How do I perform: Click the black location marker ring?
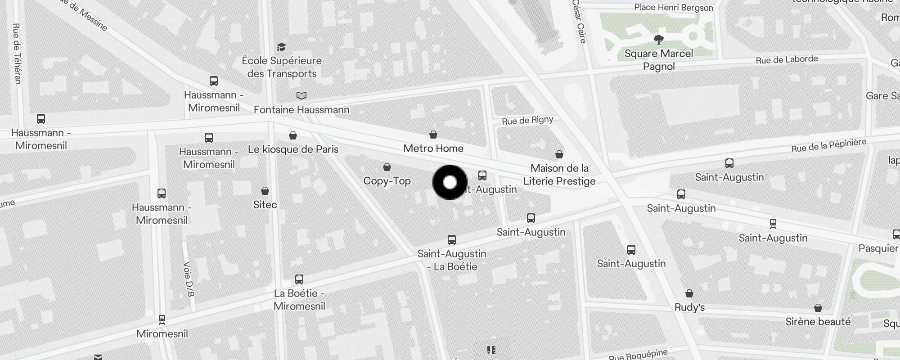[450, 182]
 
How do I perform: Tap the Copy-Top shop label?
[387, 181]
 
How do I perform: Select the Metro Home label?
[433, 148]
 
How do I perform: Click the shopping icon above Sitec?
[265, 191]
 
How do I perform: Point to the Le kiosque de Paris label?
[293, 149]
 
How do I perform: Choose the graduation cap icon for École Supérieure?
[281, 47]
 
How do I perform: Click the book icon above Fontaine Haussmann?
[301, 95]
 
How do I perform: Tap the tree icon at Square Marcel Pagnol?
[659, 40]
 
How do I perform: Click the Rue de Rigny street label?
[527, 120]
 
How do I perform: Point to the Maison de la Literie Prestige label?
[559, 175]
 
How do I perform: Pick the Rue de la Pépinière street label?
[828, 145]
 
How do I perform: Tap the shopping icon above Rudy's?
[689, 294]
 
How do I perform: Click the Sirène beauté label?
[818, 322]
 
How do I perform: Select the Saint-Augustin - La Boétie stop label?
[452, 260]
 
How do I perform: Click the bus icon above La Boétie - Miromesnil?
[299, 279]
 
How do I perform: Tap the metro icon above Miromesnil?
[162, 319]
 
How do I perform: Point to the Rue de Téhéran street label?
[17, 54]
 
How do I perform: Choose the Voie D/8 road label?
[189, 279]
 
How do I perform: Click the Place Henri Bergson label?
[673, 8]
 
